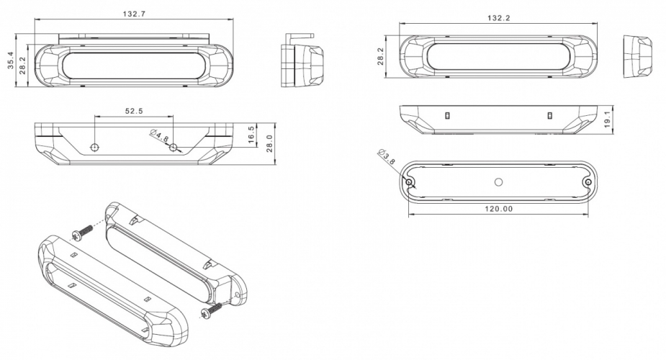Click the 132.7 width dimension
coord(135,14)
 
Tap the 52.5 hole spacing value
coord(134,111)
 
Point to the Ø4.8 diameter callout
coord(159,135)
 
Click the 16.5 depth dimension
coord(251,134)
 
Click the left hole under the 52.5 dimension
coord(94,147)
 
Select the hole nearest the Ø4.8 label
coord(174,147)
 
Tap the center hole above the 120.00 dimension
coord(498,181)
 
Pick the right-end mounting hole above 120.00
coord(588,182)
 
